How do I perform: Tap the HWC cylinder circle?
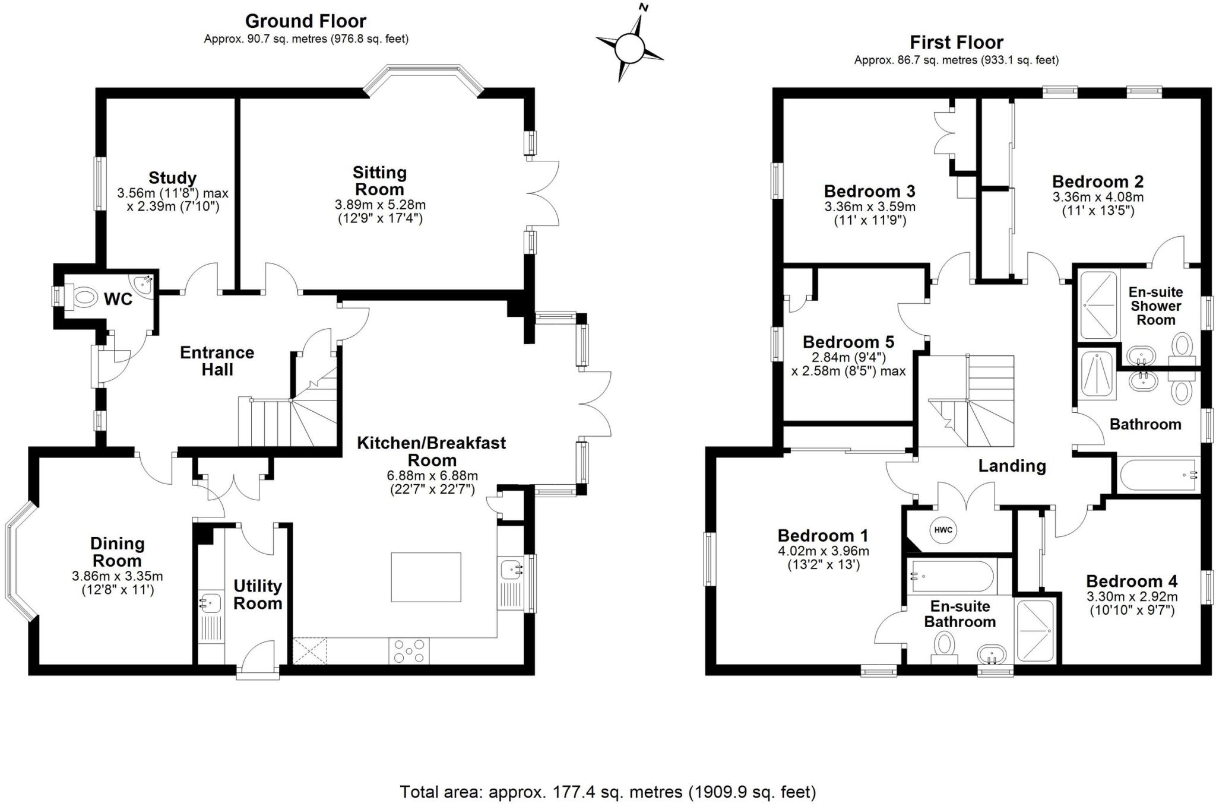943,530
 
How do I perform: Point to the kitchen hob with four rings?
409,650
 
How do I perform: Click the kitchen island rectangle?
426,577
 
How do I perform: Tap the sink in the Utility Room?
210,602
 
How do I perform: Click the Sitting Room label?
379,181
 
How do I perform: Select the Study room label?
172,177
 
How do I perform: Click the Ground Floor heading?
306,21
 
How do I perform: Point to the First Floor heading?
957,43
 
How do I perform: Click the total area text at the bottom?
608,792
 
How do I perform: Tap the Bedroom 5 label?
848,342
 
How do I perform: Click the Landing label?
1012,466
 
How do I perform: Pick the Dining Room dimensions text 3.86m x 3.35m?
118,576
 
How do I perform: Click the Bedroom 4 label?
1132,581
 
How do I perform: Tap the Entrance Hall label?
217,361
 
